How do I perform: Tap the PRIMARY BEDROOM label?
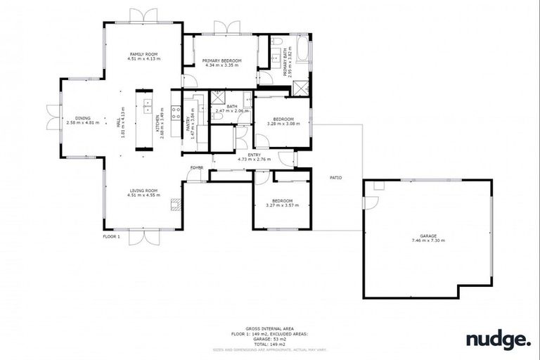(221, 61)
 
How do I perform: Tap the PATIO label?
(336, 178)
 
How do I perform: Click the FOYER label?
(197, 168)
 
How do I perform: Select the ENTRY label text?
(245, 155)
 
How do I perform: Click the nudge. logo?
(498, 340)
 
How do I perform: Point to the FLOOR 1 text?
(112, 237)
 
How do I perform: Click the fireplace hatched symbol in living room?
(176, 205)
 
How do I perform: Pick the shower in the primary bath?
(300, 88)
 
